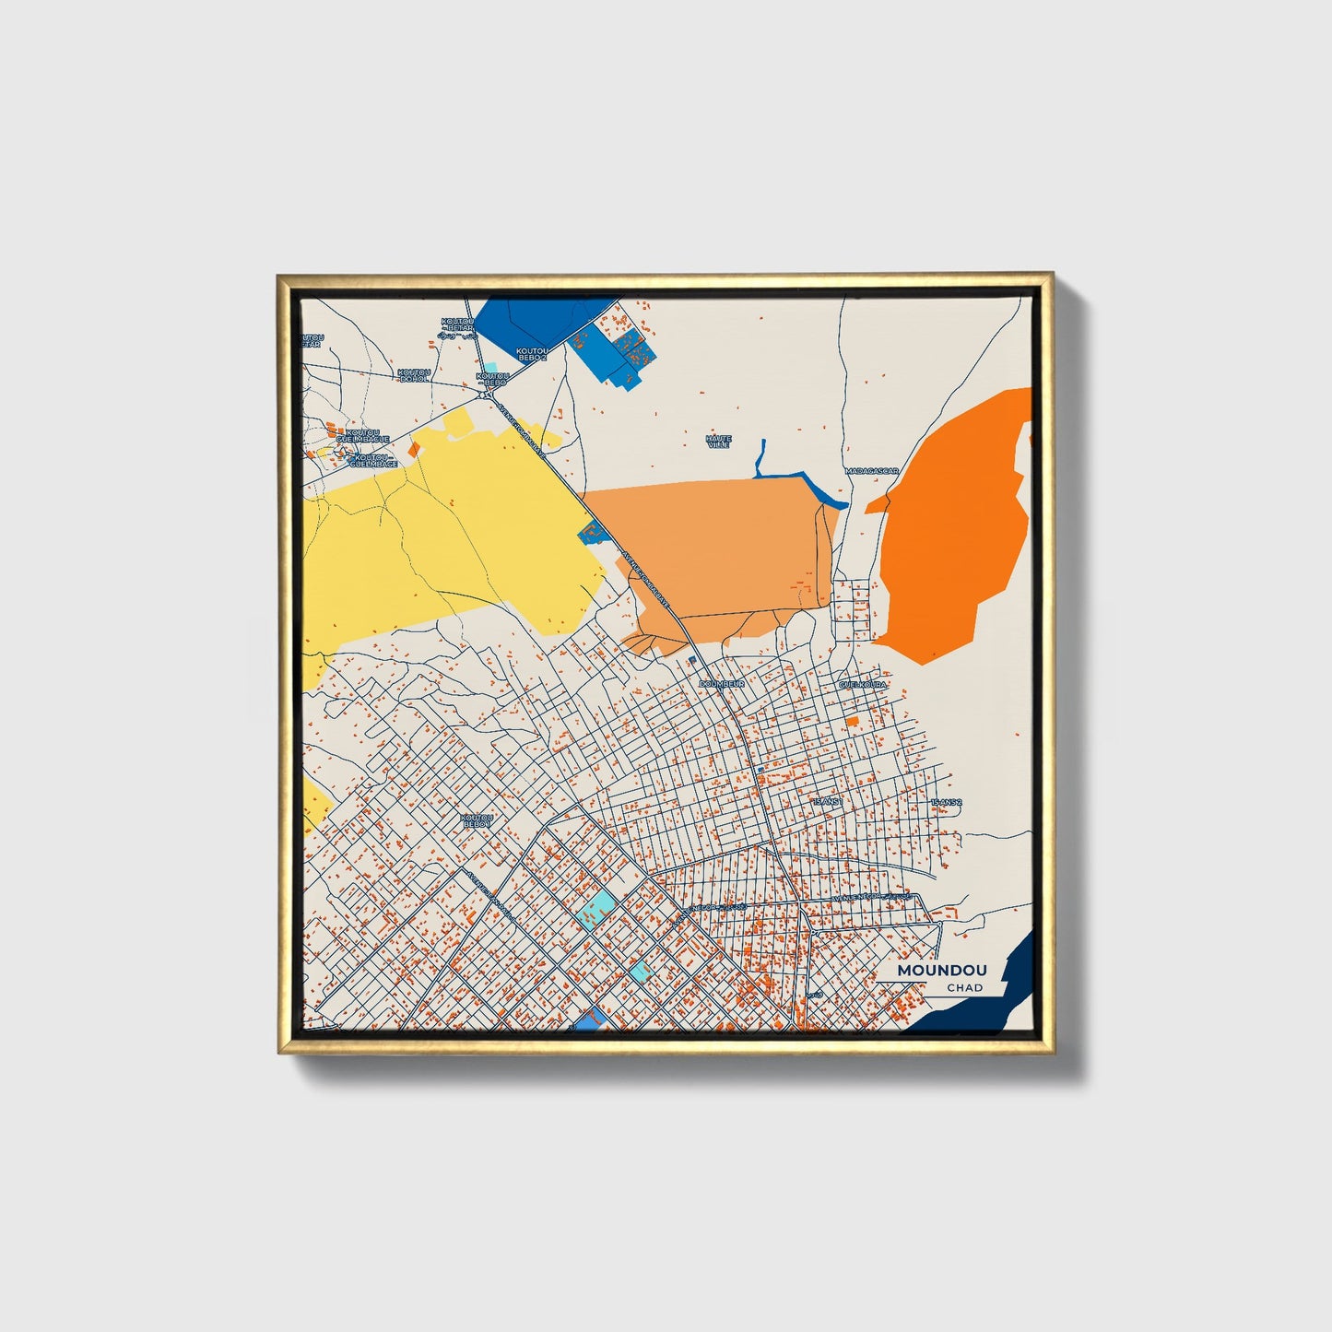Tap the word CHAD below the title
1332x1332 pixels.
(x=964, y=987)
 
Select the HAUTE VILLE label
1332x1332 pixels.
(x=718, y=442)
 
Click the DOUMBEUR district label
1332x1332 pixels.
(x=721, y=684)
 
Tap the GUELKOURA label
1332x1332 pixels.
(x=862, y=685)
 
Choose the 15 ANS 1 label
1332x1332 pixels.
(x=827, y=802)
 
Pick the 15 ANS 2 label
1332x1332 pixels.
(x=946, y=803)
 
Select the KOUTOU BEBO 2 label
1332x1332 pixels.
(x=532, y=353)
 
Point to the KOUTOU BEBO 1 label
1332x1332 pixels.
(x=477, y=819)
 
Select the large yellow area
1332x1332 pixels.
(x=442, y=544)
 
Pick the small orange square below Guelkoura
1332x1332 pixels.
(x=853, y=720)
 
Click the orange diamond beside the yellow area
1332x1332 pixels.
(x=415, y=449)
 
